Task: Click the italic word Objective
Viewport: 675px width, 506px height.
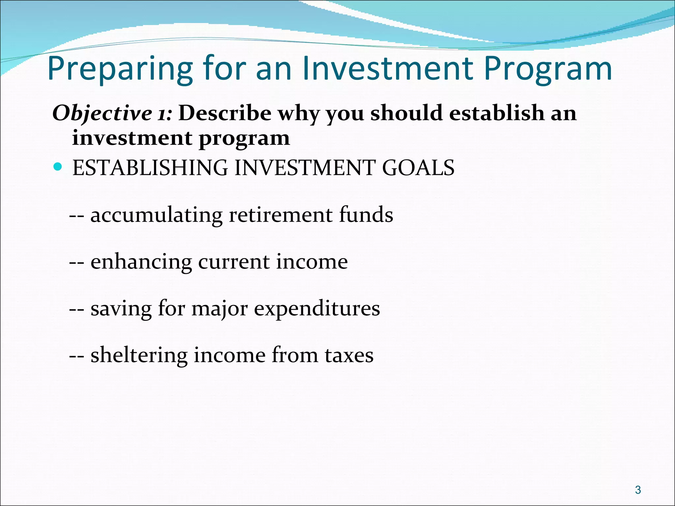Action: click(102, 113)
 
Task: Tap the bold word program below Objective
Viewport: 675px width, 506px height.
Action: click(244, 139)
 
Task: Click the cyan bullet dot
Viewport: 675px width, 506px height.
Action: click(57, 166)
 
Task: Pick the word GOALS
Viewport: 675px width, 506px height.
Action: click(418, 168)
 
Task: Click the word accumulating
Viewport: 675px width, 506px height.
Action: click(157, 215)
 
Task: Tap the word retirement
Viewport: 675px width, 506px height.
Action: click(280, 215)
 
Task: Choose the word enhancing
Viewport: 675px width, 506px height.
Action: click(141, 262)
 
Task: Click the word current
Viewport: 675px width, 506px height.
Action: click(234, 262)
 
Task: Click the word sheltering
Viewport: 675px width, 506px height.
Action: click(139, 355)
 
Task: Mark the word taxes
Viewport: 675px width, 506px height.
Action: click(349, 355)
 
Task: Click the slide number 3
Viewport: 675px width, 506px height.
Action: click(638, 490)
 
